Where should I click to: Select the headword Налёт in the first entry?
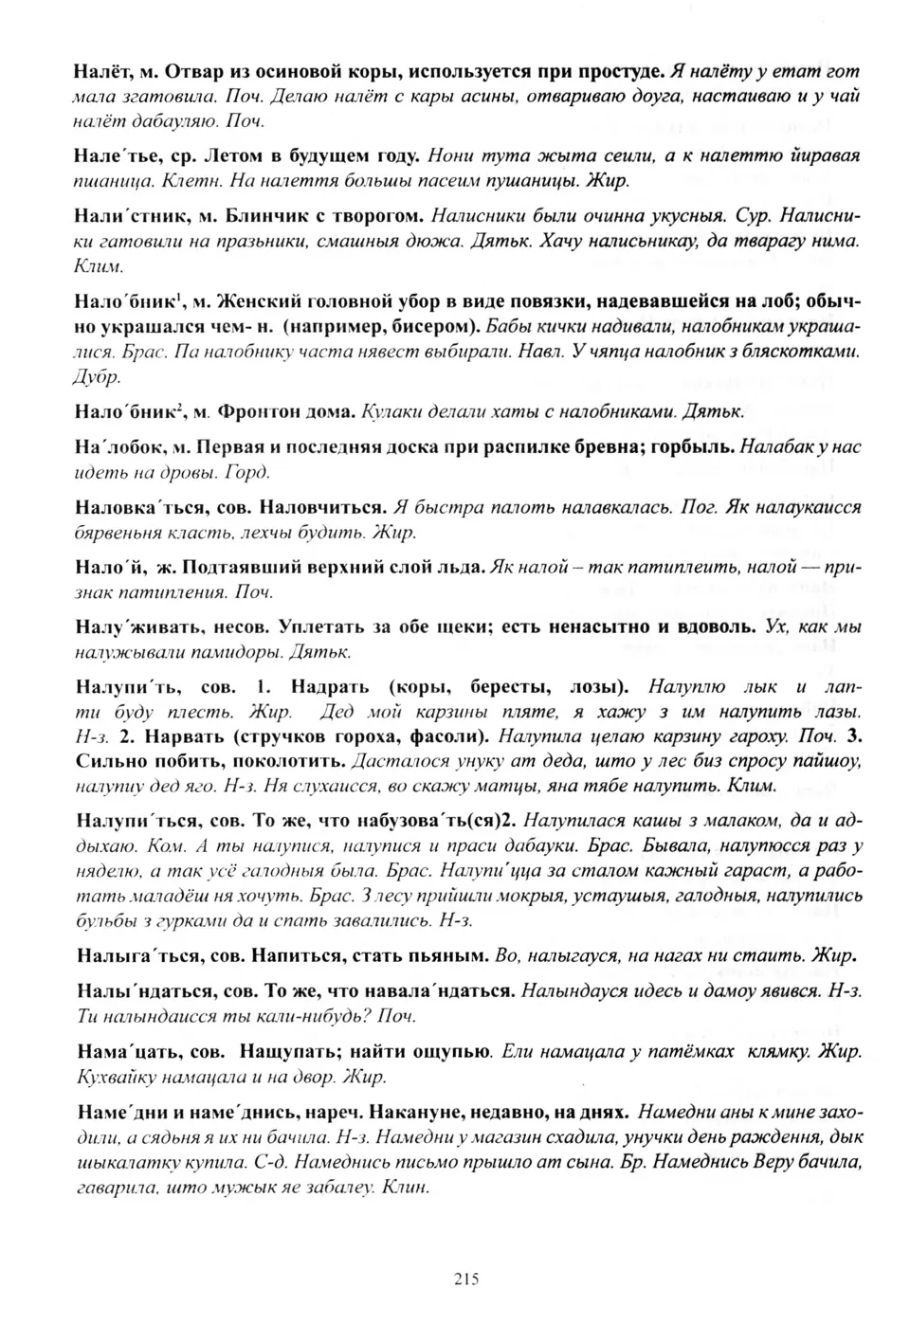pos(100,71)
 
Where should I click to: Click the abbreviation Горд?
pos(250,472)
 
